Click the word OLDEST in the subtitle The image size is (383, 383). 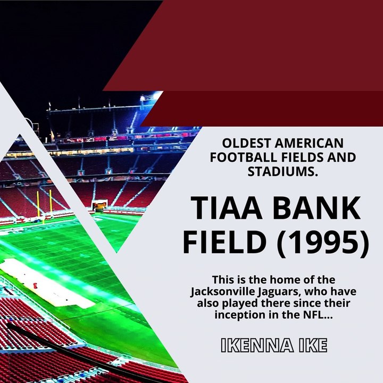[x=240, y=143]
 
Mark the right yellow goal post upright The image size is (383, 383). [x=51, y=202]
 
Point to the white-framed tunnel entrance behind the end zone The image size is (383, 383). [x=99, y=204]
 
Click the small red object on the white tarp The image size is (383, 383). [x=36, y=280]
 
